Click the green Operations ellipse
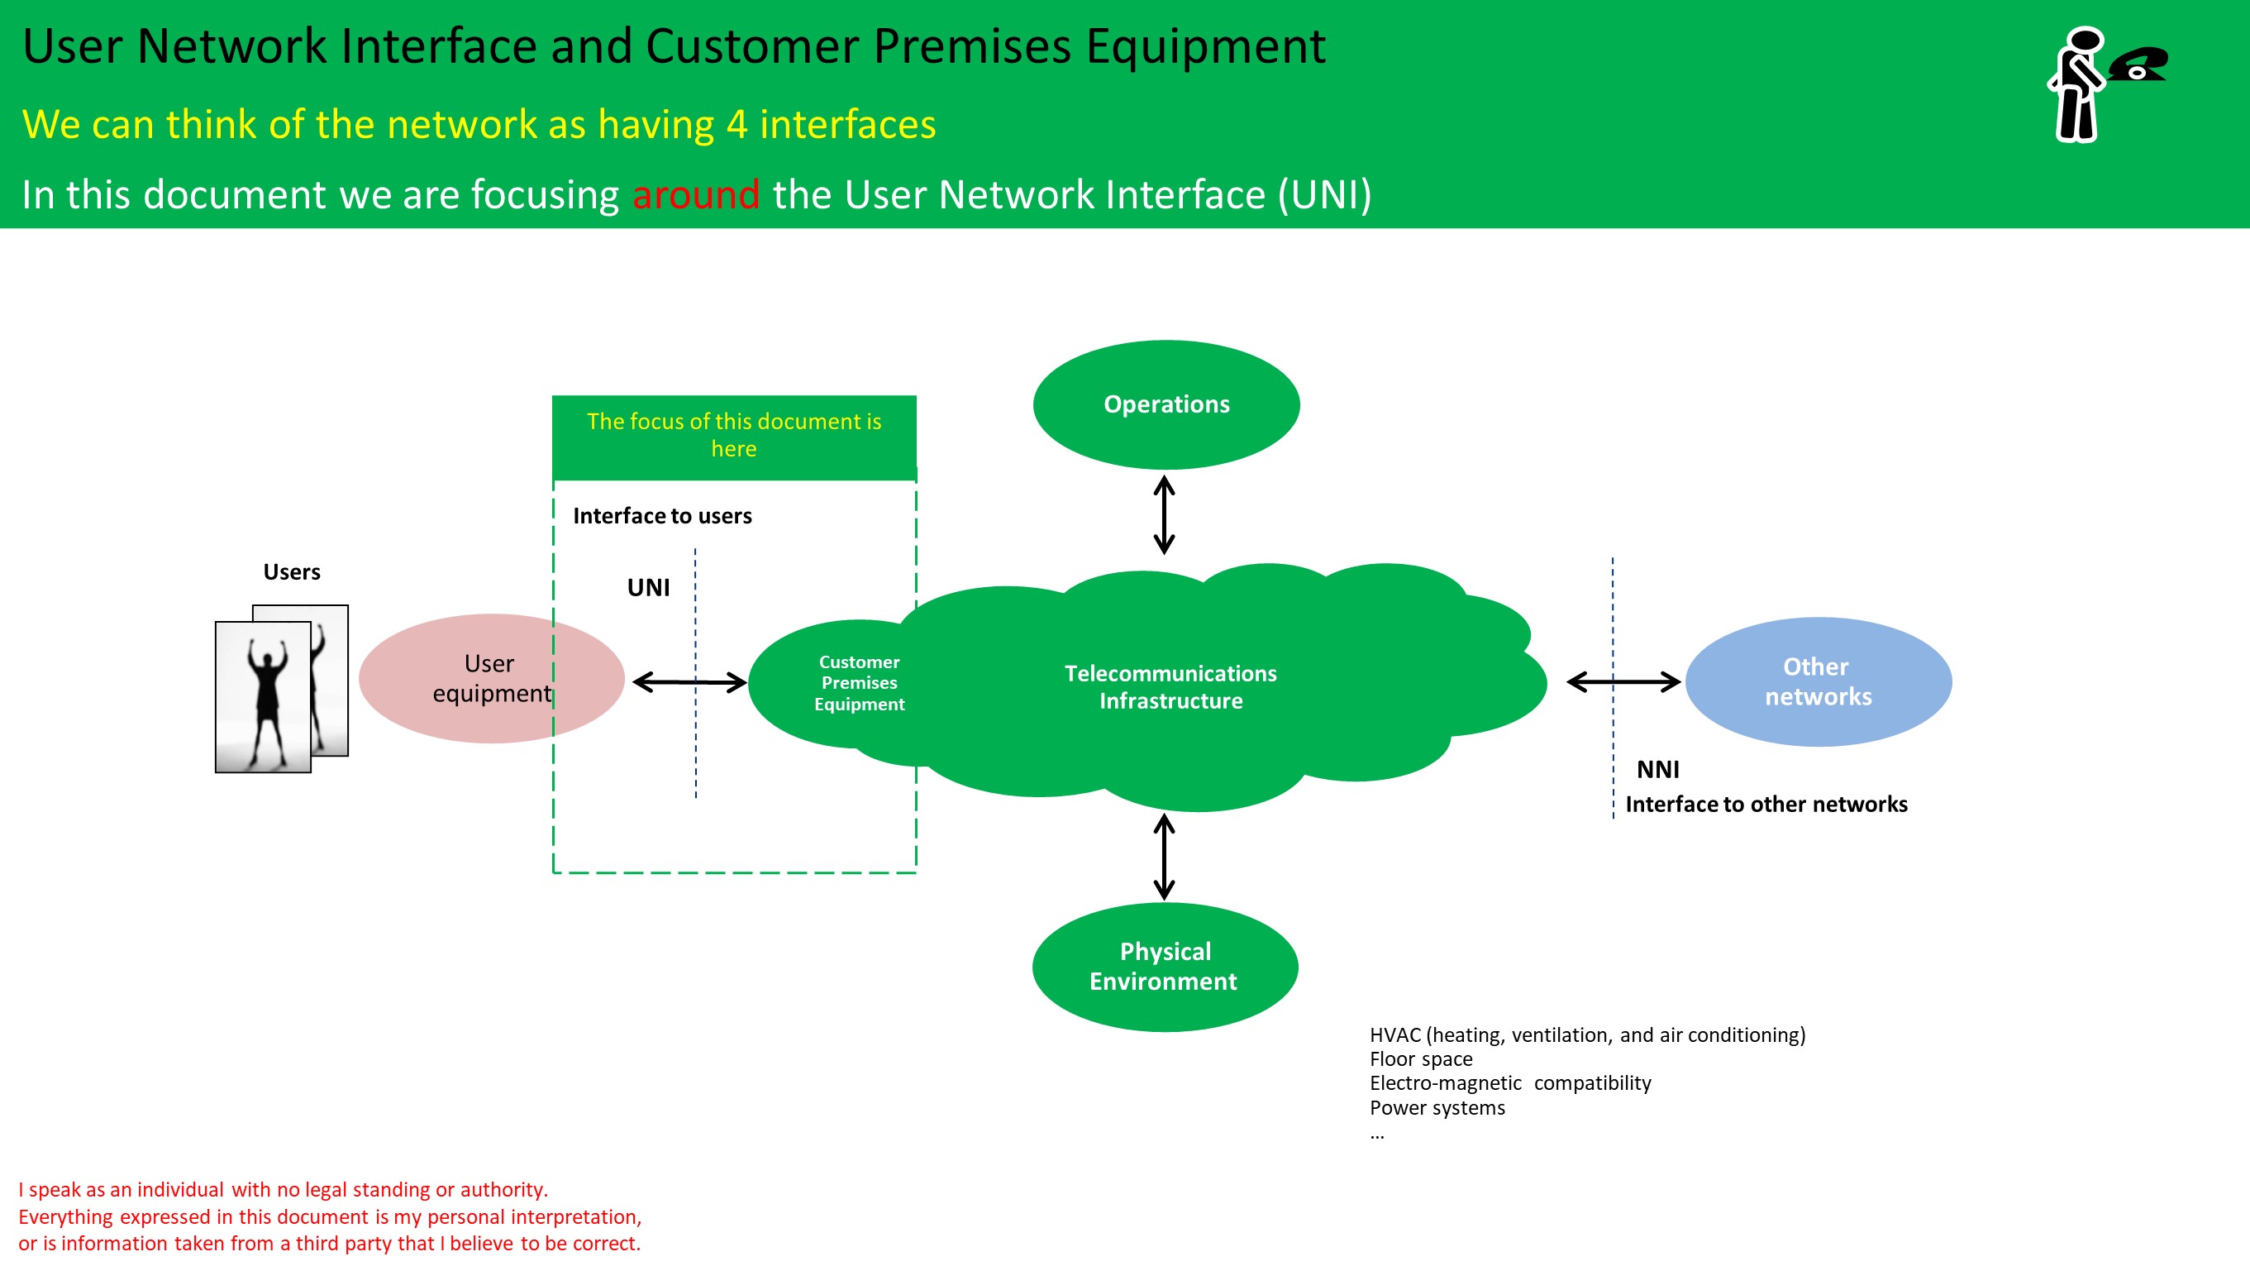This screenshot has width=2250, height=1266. click(x=1166, y=404)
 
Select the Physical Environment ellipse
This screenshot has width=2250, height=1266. click(x=1166, y=967)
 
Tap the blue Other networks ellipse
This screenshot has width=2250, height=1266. click(x=1819, y=681)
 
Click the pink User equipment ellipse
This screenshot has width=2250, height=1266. click(x=492, y=679)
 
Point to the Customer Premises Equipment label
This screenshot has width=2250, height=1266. click(x=860, y=682)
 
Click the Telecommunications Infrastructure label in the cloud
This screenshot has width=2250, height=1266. click(x=1170, y=686)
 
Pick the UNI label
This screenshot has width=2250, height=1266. click(x=648, y=587)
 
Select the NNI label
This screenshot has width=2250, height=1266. click(x=1658, y=769)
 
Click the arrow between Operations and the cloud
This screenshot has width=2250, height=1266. click(x=1165, y=514)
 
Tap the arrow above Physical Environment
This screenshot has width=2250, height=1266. click(x=1165, y=856)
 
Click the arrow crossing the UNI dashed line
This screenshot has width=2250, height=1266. click(x=690, y=681)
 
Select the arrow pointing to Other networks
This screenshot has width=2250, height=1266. click(x=1623, y=681)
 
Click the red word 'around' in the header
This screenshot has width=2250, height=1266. click(x=696, y=195)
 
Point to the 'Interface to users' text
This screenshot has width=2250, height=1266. click(x=662, y=515)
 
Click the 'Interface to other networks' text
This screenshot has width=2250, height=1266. click(x=1766, y=804)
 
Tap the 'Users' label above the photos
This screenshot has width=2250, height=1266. click(x=292, y=571)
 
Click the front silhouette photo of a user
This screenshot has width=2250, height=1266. click(x=263, y=697)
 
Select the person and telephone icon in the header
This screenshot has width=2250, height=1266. click(x=2107, y=84)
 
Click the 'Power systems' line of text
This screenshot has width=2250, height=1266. click(x=1437, y=1107)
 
